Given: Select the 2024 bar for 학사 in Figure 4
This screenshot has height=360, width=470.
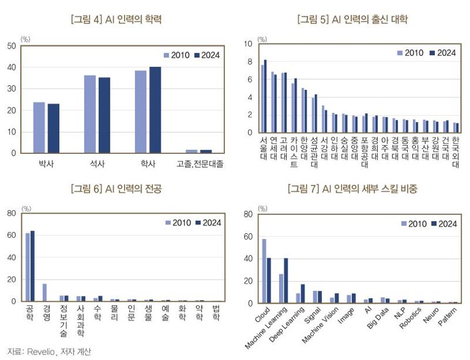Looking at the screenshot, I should coord(155,110).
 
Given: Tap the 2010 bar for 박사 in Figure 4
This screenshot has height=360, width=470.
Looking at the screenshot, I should coord(39,127).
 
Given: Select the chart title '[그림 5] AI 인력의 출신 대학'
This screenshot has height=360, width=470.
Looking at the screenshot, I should coord(352,19).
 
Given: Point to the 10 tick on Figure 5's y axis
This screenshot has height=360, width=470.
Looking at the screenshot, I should coord(249,44).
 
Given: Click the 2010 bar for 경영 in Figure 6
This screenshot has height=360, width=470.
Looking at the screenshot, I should coord(45,292).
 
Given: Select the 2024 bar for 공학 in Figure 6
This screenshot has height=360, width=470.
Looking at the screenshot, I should coord(32,266).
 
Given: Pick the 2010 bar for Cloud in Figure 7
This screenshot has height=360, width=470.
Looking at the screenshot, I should coord(264,271).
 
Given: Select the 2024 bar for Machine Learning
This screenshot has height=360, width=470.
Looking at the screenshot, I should coord(286,281).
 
